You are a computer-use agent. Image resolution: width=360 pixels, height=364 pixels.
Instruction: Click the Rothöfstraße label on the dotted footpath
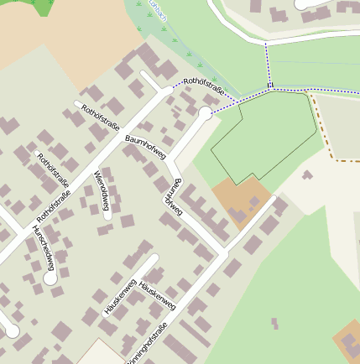205,86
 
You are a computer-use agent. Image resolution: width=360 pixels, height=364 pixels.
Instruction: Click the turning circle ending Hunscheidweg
51,278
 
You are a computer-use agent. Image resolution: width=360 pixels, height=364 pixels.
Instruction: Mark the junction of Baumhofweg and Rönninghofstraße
222,252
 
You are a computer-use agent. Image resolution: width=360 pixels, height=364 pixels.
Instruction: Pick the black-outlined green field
264,134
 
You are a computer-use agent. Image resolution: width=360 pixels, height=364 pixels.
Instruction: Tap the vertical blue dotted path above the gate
268,63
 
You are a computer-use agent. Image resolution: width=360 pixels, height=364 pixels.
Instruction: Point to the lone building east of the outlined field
307,175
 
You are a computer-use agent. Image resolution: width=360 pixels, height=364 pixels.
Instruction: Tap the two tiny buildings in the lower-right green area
274,323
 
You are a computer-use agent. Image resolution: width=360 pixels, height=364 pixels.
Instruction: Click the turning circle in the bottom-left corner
12,330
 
